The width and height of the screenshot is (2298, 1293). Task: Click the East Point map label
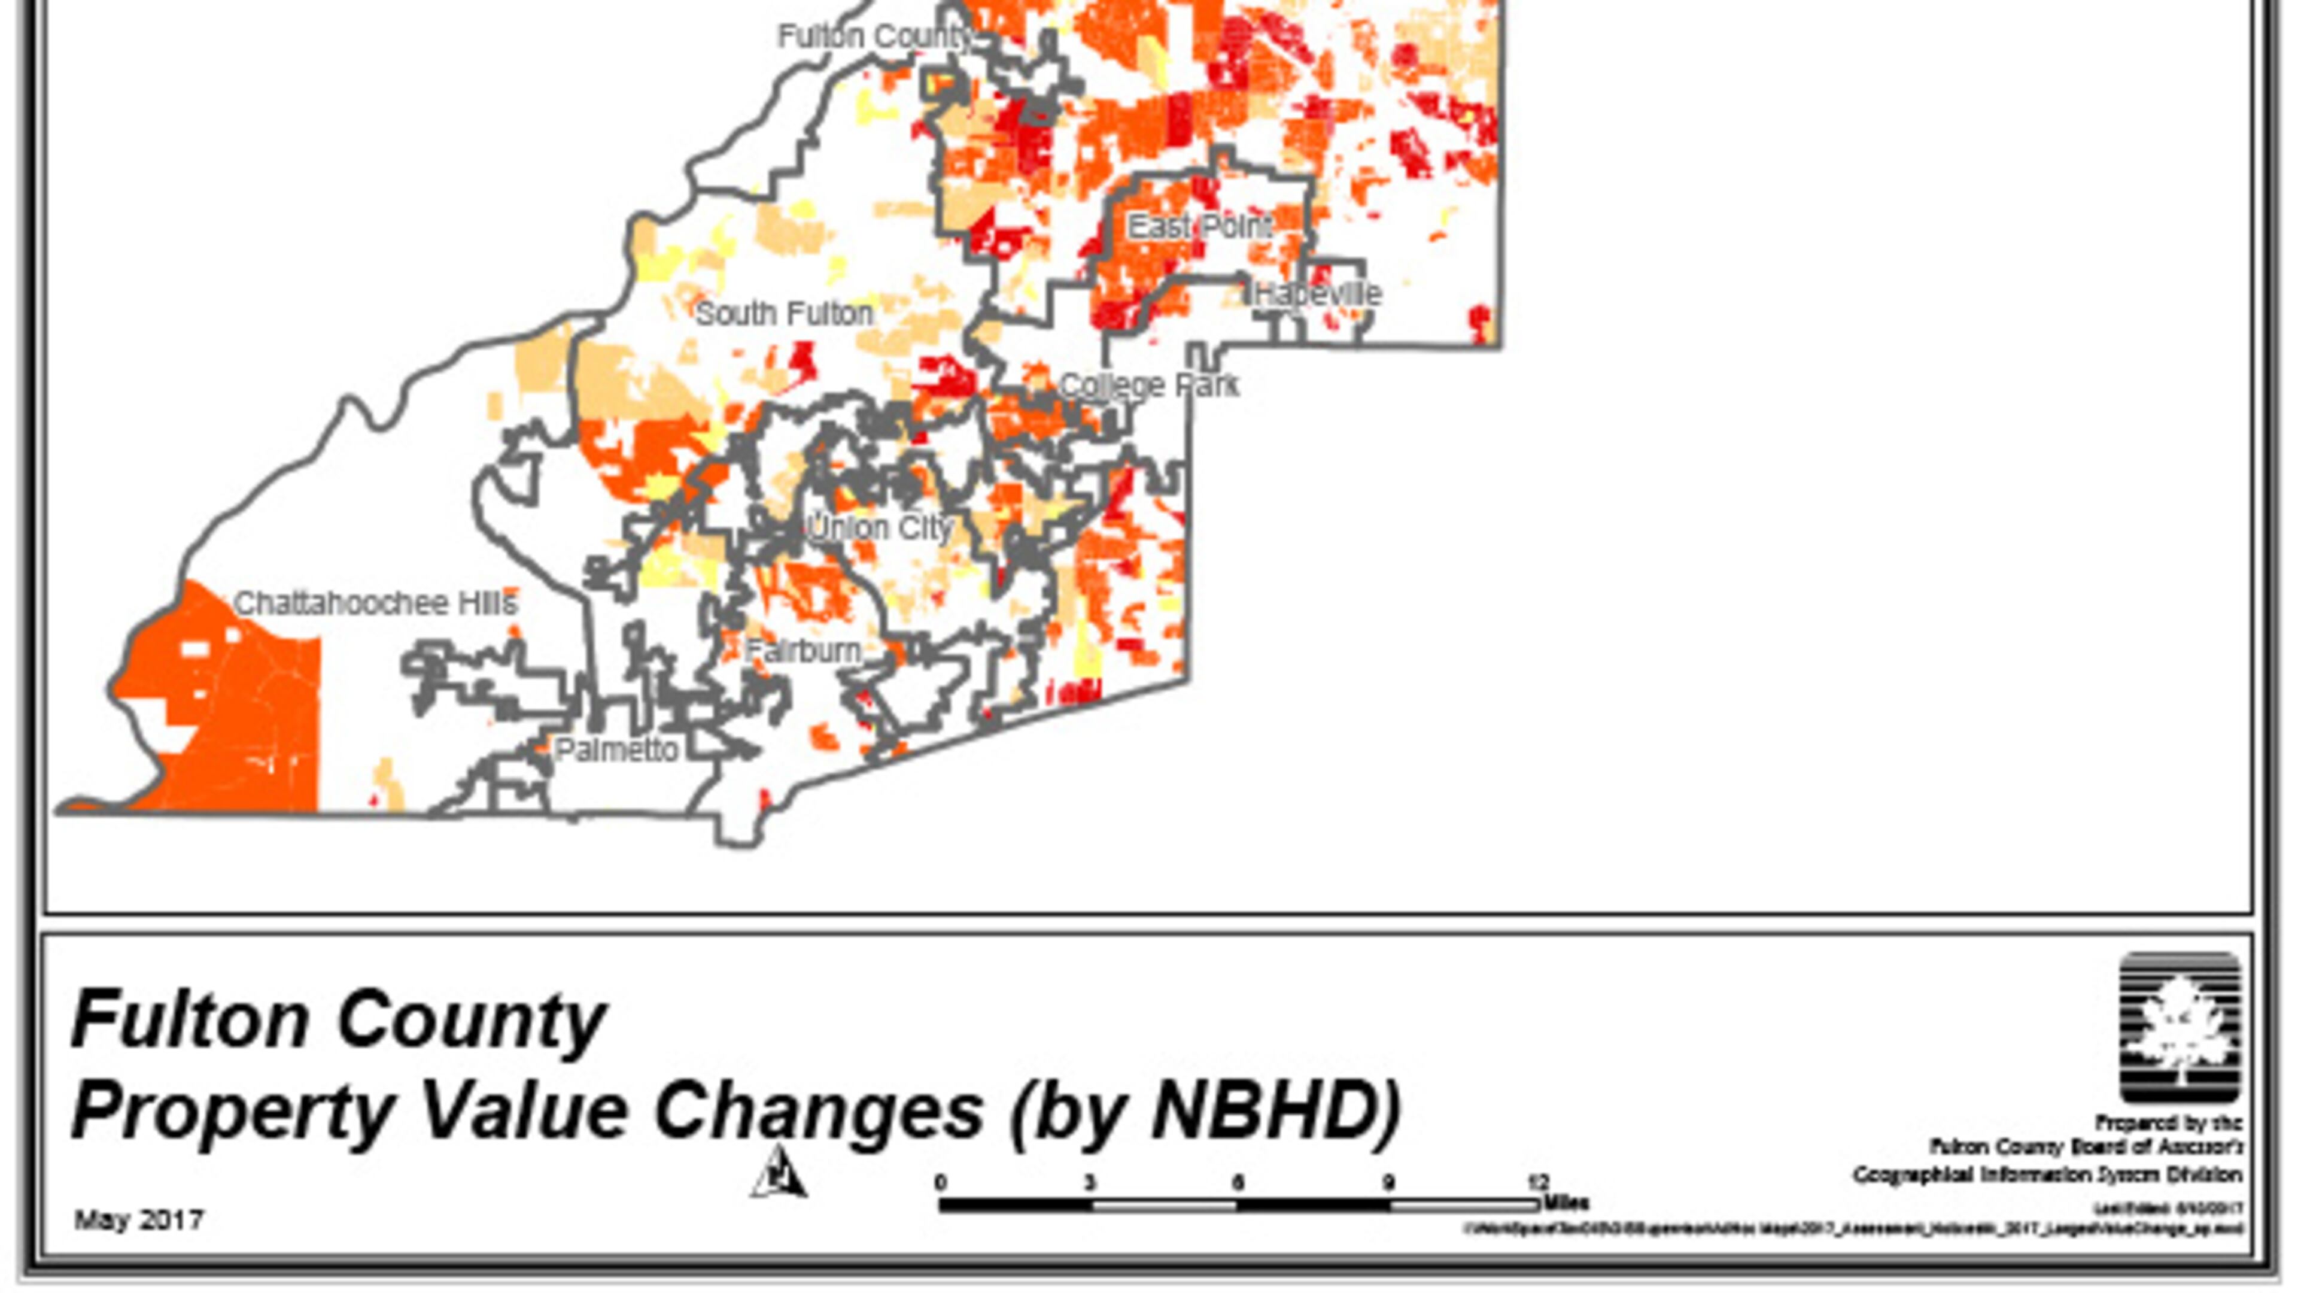[1200, 227]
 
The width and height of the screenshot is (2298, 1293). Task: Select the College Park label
[1148, 386]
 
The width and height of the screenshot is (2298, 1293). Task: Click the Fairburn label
[803, 651]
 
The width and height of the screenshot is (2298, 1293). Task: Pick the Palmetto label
[616, 749]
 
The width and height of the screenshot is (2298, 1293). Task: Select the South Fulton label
[784, 314]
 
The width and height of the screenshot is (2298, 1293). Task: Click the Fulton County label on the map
[875, 37]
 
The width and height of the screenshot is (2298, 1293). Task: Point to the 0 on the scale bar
[940, 1183]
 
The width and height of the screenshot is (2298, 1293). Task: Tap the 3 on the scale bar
[1089, 1183]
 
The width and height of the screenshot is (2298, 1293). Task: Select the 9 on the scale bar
[1388, 1183]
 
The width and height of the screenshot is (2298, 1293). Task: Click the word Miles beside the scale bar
[1567, 1203]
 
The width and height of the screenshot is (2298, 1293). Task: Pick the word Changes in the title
[818, 1111]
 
